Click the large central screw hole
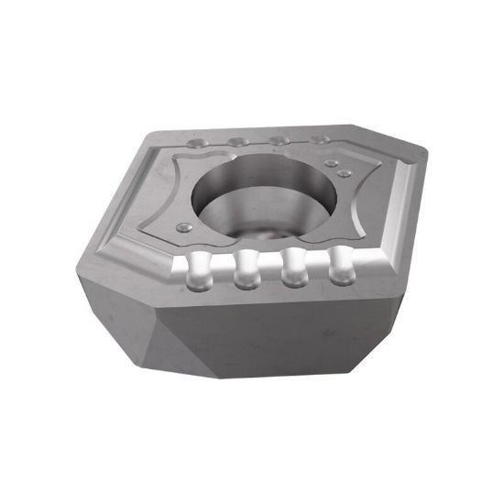259,198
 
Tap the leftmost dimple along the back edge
199,145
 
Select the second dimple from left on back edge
237,142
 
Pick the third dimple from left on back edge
276,140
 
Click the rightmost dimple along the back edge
317,139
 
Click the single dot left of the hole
184,225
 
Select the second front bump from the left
246,270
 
